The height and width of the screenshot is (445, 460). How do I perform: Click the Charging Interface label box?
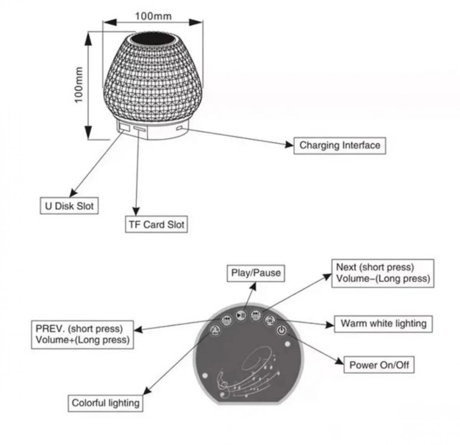[340, 146]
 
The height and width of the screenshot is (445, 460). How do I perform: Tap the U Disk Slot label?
[69, 206]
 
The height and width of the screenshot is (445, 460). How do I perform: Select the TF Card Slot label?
[156, 225]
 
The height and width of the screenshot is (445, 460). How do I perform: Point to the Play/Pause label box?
[256, 273]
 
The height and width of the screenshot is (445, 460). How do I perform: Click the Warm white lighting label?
[383, 323]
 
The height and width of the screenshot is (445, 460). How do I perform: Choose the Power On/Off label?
[379, 365]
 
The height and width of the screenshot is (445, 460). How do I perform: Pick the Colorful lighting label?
[105, 403]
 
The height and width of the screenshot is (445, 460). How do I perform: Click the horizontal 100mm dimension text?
[153, 16]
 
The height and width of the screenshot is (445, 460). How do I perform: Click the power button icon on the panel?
[282, 330]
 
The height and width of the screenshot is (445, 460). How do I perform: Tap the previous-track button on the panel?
[227, 319]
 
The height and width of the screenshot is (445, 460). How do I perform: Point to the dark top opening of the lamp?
[153, 40]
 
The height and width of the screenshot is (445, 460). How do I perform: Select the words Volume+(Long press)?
[82, 340]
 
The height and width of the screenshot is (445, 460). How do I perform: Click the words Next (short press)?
[375, 267]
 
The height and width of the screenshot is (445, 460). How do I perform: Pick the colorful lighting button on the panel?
[215, 330]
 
